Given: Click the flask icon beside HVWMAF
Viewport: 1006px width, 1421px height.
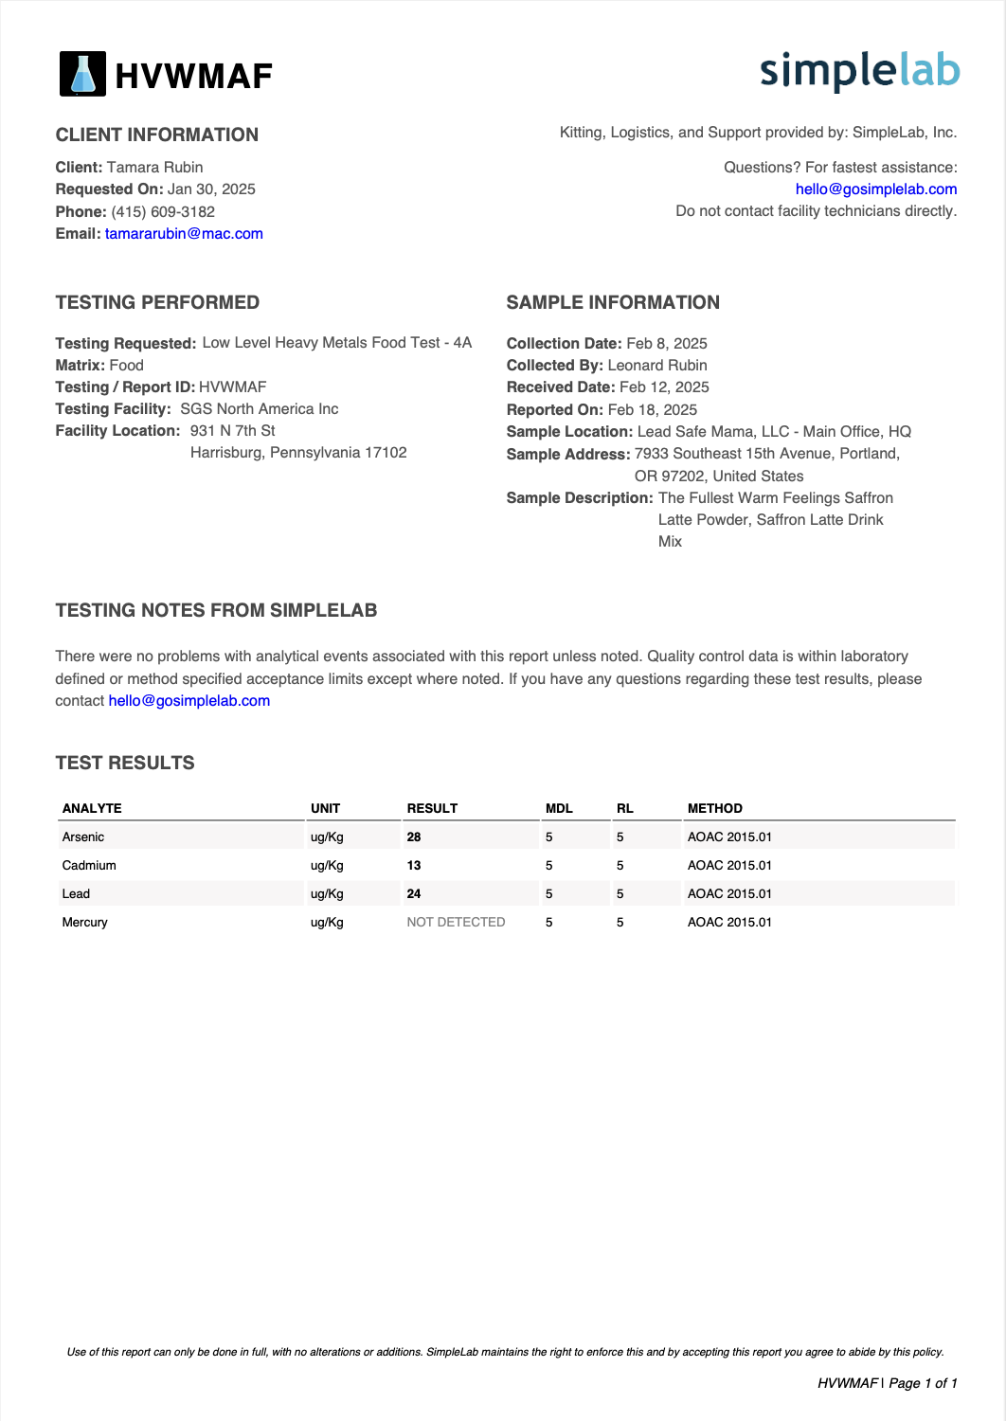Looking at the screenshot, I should point(83,74).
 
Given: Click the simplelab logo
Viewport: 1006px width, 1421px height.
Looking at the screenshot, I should point(859,71).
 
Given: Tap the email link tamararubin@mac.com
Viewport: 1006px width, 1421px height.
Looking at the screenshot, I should point(184,234).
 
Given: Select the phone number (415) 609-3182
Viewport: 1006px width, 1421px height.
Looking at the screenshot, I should point(163,212).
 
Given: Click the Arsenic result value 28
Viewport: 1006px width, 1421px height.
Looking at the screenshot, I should point(414,837).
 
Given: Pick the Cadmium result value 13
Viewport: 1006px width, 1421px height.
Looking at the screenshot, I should point(414,866).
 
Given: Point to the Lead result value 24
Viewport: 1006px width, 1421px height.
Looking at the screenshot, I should point(414,894).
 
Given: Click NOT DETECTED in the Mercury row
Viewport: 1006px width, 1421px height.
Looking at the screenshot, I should point(456,923).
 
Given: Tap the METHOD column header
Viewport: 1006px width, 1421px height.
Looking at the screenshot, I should point(715,809).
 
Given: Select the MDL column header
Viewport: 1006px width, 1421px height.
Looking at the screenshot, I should point(559,809).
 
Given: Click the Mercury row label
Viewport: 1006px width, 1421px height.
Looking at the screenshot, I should point(85,923).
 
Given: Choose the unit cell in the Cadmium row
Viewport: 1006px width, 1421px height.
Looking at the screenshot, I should point(327,866).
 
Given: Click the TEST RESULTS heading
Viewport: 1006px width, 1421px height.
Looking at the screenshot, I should point(125,764).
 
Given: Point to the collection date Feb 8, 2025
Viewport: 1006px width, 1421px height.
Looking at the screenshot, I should point(667,344).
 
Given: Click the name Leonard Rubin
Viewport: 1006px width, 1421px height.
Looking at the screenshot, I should point(657,366).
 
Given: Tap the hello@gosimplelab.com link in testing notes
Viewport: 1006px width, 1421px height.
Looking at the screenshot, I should point(189,701).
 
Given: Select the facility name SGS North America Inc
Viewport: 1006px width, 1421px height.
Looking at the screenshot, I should point(260,409).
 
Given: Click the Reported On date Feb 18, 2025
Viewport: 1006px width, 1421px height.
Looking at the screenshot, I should point(653,410).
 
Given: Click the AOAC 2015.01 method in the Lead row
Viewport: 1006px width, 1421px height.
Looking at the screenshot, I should point(729,894).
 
